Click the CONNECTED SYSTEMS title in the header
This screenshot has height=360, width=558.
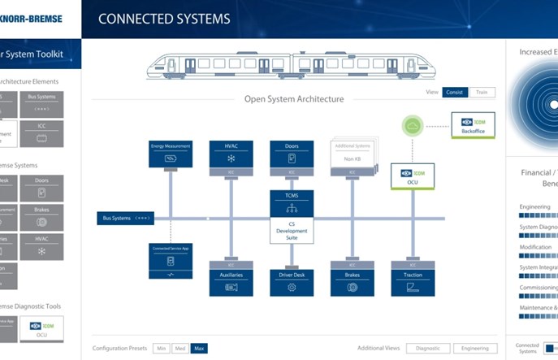(164, 19)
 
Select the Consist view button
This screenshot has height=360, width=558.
(455, 92)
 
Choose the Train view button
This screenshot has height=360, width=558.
(482, 92)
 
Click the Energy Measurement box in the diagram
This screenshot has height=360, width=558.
(170, 154)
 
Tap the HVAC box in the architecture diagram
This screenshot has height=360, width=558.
(231, 154)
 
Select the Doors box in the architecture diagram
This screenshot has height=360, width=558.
(292, 154)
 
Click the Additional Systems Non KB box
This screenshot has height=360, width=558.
(352, 154)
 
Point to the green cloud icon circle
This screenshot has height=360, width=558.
(413, 126)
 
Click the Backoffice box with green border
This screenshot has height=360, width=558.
(473, 125)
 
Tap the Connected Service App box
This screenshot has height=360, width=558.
(170, 260)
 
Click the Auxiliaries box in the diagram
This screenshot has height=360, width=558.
(231, 281)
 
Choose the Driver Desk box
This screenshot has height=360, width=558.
(292, 281)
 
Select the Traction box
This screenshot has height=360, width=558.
(413, 281)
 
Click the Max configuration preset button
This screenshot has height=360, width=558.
(199, 348)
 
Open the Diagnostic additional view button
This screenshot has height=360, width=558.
(427, 348)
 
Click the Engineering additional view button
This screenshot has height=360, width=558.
(475, 348)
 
